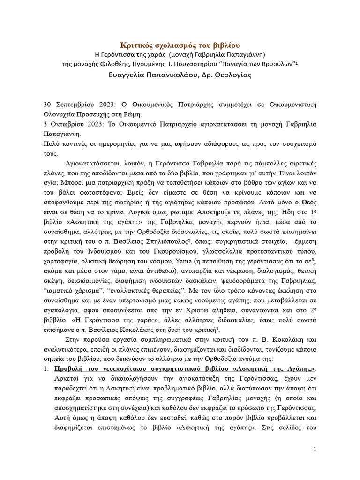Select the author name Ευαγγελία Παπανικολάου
(x=147, y=75)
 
